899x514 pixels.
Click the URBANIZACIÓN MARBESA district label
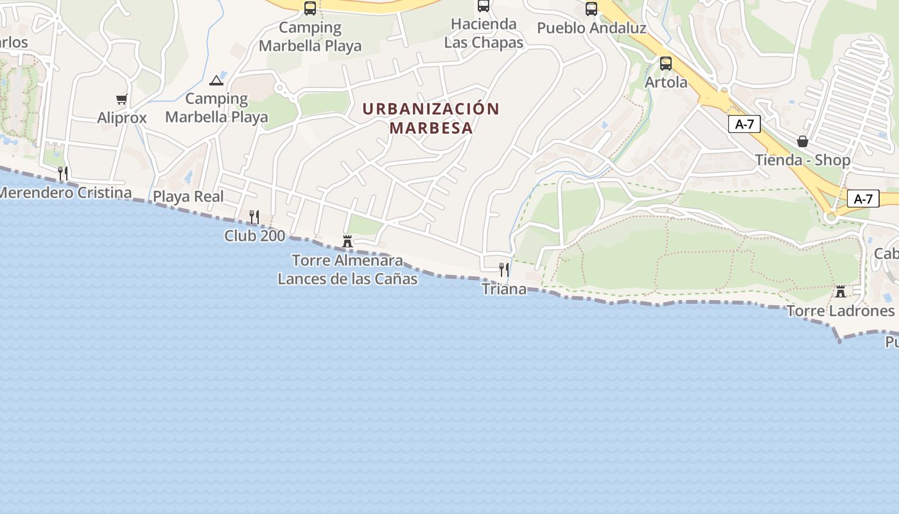point(431,118)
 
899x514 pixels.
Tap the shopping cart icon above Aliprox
point(121,99)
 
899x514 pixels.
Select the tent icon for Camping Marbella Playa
point(216,80)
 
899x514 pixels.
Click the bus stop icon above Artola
point(666,64)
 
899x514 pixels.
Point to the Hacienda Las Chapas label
point(484,33)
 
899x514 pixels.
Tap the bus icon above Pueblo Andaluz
point(591,9)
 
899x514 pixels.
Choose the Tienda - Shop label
point(803,160)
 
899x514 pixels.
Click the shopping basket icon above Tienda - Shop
point(803,141)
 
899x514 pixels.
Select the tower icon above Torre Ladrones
point(840,292)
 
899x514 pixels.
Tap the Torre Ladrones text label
point(840,311)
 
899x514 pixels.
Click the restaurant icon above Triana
point(504,269)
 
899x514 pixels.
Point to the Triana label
point(504,289)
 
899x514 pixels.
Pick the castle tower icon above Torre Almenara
point(347,242)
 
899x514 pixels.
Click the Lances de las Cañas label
point(347,279)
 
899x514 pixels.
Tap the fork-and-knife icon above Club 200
point(254,217)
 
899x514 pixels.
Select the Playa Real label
point(188,197)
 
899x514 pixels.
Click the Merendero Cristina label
point(65,193)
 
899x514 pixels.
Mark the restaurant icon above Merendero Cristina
point(63,173)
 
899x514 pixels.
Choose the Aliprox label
point(122,118)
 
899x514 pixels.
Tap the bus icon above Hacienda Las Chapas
point(484,6)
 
